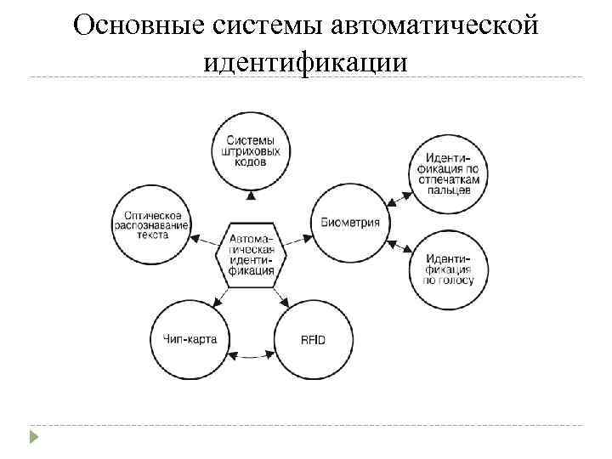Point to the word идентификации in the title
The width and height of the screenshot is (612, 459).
pos(306,62)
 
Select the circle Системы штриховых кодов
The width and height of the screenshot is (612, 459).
pos(250,151)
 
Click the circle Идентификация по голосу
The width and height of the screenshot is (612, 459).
pos(450,269)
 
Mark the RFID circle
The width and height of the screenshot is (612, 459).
pos(314,340)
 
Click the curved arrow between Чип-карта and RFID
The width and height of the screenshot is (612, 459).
pos(252,356)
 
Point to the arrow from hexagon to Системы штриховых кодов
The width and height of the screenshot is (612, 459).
pos(250,204)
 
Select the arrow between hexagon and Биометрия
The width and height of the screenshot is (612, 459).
pos(297,239)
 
